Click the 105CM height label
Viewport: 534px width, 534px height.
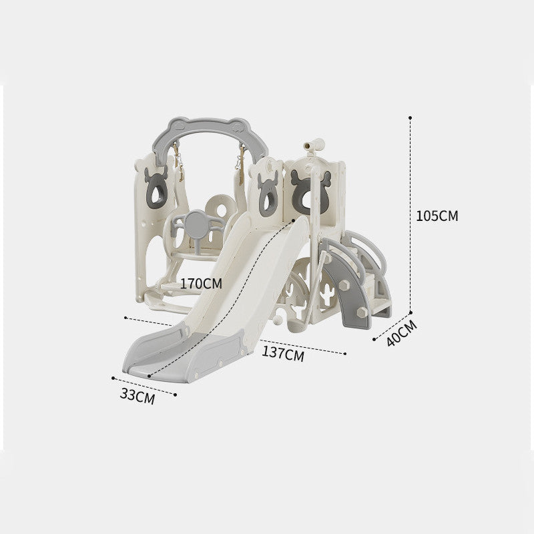437,216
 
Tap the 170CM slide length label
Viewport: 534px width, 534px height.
201,283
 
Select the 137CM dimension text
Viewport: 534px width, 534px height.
282,354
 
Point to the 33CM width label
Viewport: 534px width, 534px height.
138,396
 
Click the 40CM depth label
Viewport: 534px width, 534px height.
402,333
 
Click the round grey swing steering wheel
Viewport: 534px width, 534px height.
196,224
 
